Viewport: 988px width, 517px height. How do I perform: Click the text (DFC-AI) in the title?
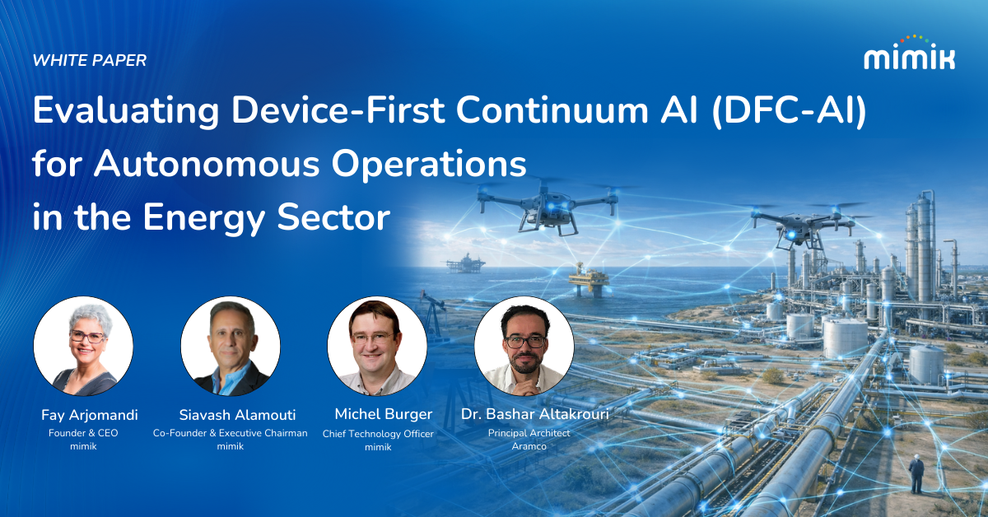point(788,111)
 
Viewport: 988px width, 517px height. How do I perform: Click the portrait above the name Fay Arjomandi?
point(83,347)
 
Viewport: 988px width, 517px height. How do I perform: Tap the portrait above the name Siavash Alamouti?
point(231,347)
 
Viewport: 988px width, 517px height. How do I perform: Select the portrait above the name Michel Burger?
point(377,347)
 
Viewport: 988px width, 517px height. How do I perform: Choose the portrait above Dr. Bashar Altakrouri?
point(524,347)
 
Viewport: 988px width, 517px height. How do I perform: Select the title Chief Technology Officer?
point(377,433)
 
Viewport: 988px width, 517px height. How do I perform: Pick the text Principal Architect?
point(529,432)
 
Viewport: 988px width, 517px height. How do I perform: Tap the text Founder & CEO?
point(83,432)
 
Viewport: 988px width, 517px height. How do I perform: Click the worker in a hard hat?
point(916,474)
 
